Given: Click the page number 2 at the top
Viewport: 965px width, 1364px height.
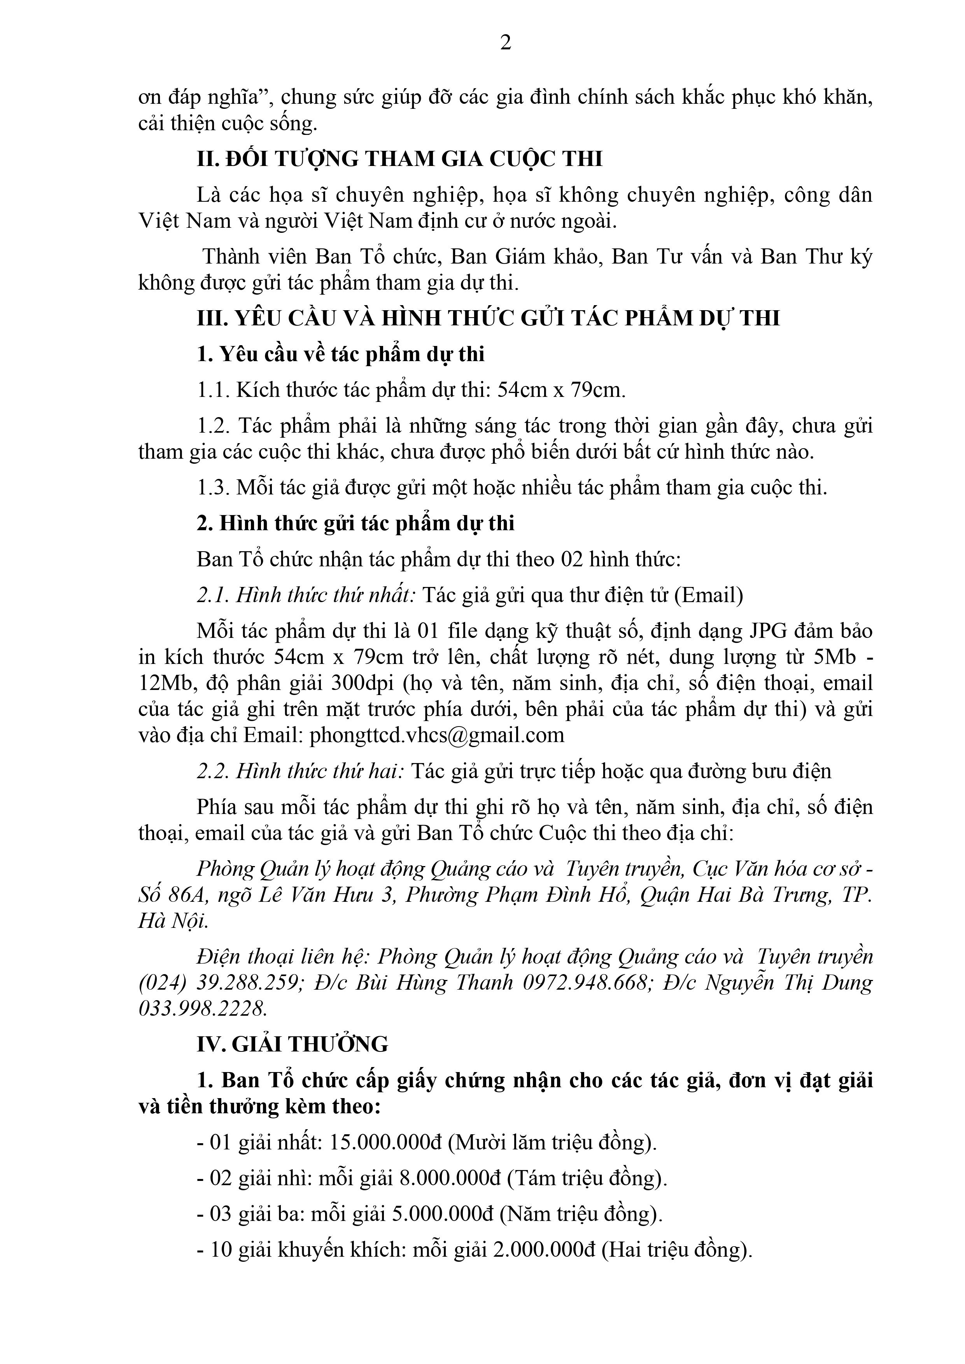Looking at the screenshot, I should (x=506, y=43).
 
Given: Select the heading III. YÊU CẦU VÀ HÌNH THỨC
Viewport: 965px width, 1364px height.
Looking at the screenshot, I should (x=487, y=319).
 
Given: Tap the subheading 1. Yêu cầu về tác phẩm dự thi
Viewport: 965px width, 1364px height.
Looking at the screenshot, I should (x=341, y=355).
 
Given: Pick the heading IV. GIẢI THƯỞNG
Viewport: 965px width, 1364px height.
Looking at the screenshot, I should (x=292, y=1044).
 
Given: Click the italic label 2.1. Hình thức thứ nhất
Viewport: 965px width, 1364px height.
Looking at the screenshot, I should (x=306, y=595).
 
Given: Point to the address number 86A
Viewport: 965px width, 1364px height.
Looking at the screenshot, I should (x=188, y=895).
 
